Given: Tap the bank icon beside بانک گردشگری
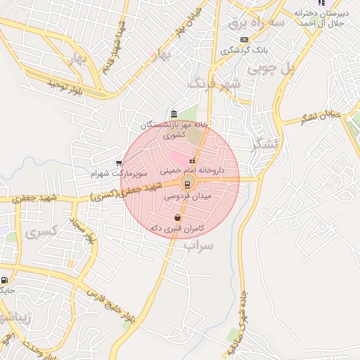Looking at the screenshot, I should coord(244,39).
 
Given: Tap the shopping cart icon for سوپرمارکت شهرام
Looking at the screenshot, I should coord(118,163).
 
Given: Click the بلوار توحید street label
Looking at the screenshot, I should coord(66,87).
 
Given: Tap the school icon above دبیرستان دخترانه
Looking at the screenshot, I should coord(322,3).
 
